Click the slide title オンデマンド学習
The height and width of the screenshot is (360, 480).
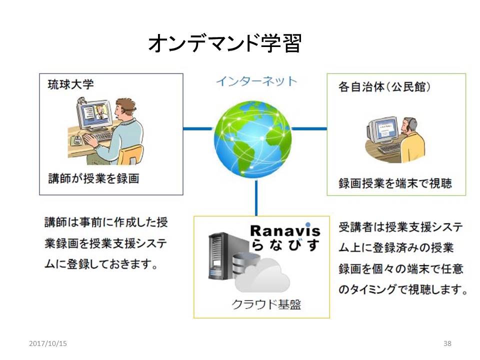pos(225,43)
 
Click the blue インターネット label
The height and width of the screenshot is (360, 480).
pos(256,81)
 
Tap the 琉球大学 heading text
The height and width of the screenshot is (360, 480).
pos(70,84)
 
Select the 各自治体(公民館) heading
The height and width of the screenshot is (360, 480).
pos(384,87)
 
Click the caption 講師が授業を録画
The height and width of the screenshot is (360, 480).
pos(94,178)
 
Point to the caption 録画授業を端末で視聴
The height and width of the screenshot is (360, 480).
pos(395,183)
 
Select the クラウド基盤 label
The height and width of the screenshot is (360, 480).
pos(266,304)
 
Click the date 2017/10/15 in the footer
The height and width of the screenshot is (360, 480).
pos(48,343)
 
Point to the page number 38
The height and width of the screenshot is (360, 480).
pos(447,343)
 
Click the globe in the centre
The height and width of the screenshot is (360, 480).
pos(253,139)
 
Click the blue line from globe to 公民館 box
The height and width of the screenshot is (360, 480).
pos(309,128)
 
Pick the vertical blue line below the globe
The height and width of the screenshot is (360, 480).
pos(256,197)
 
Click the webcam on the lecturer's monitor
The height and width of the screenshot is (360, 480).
pos(81,100)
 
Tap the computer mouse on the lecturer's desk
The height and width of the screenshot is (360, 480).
pos(77,139)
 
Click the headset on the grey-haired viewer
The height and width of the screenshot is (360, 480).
pos(411,125)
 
